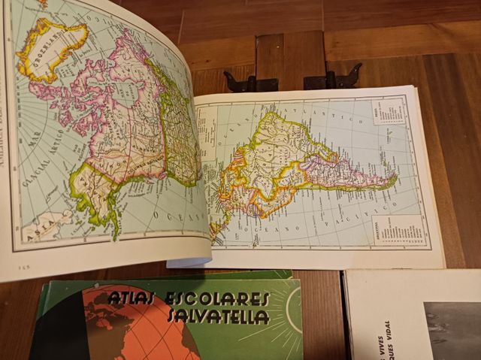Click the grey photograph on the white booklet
[x=451, y=331]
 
